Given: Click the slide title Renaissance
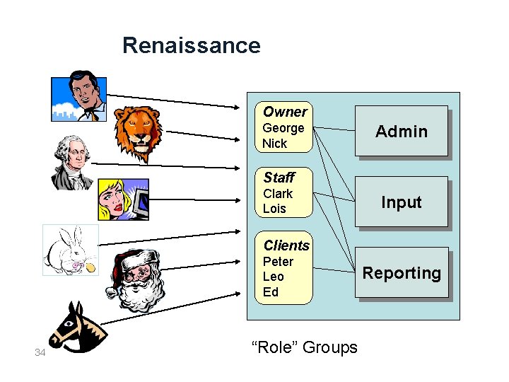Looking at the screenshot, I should (x=191, y=45).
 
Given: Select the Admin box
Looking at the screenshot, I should (x=401, y=131).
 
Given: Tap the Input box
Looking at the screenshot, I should (x=401, y=202).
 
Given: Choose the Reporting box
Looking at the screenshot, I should (x=401, y=272).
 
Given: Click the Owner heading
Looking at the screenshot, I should (x=284, y=112).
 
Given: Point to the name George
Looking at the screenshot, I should (x=283, y=128).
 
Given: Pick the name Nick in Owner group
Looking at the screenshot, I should (x=274, y=144).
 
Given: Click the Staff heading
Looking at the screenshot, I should (x=279, y=177).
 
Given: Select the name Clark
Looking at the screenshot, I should (x=277, y=193).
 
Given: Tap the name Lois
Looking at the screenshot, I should (x=274, y=209).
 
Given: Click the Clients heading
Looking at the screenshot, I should (x=286, y=245).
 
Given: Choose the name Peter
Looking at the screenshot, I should (x=278, y=261).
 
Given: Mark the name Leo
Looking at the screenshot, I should (x=273, y=277).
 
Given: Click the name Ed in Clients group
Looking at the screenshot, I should (x=270, y=292).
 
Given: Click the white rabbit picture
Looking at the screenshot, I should (x=69, y=251).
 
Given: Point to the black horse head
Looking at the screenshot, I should (x=76, y=328).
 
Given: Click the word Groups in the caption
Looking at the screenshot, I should (x=330, y=347).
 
